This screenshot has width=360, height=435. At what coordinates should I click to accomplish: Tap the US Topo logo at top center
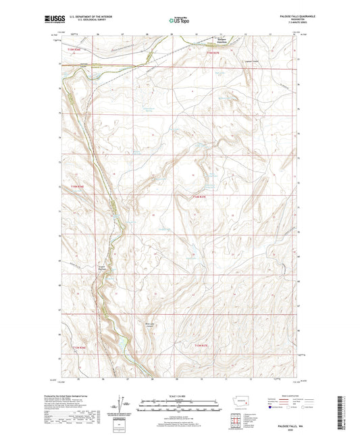[178, 21]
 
